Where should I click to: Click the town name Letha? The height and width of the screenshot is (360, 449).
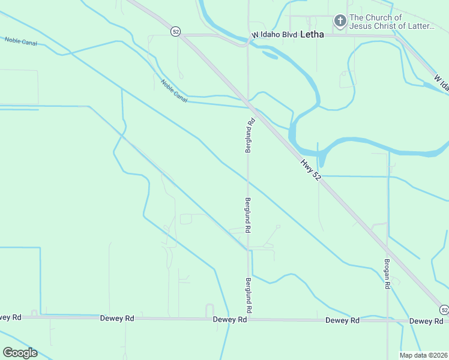coord(312,35)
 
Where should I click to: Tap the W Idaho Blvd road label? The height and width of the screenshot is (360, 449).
coord(275,35)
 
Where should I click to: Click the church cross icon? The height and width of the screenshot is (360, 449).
coord(340,22)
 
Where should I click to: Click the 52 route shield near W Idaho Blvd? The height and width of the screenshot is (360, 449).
coord(175,32)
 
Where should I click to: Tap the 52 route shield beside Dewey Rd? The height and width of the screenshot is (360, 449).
coord(444,310)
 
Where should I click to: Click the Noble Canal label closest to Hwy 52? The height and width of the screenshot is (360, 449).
coord(174,91)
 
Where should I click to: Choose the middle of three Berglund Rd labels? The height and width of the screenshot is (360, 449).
coord(247,215)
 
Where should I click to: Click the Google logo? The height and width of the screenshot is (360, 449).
coord(20,353)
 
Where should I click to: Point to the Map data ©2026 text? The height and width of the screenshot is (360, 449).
coord(423,355)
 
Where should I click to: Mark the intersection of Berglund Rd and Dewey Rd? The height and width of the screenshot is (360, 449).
coord(248,319)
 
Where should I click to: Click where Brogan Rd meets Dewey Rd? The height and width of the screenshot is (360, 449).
coord(387,320)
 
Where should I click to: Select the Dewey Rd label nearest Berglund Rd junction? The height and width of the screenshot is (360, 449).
coord(230,320)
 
